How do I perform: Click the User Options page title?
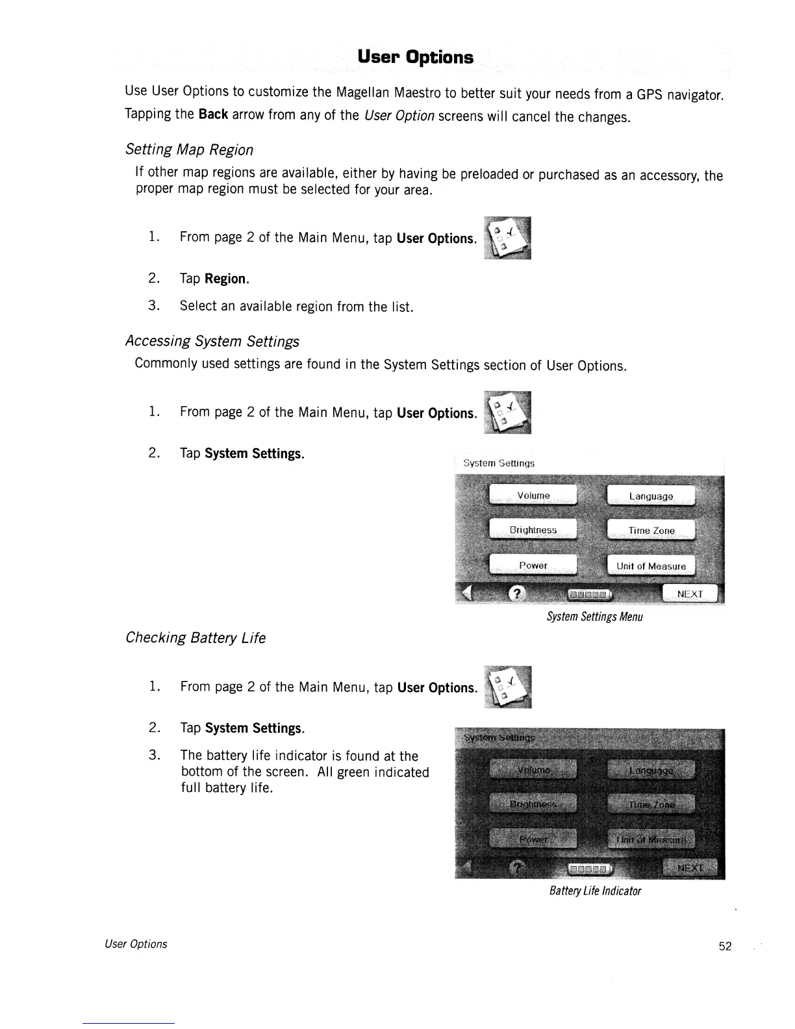[x=415, y=57]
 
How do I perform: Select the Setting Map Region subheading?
[x=189, y=149]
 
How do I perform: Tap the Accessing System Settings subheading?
[x=212, y=341]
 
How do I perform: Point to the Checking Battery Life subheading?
[x=196, y=638]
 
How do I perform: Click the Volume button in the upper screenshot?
[x=533, y=496]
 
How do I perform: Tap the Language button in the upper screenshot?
[x=651, y=496]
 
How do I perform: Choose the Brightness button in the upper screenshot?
[x=533, y=530]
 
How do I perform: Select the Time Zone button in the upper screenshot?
[x=651, y=531]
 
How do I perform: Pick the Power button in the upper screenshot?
[x=533, y=565]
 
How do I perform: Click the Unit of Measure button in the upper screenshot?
[x=651, y=566]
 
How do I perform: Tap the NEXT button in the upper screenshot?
[x=690, y=594]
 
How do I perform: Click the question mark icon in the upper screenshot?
[x=516, y=593]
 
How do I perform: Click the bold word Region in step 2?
[x=225, y=279]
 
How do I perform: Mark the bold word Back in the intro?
[x=213, y=114]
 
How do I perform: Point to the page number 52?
[x=725, y=946]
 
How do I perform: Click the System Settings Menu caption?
[x=594, y=616]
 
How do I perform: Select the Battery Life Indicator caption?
[x=595, y=891]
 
